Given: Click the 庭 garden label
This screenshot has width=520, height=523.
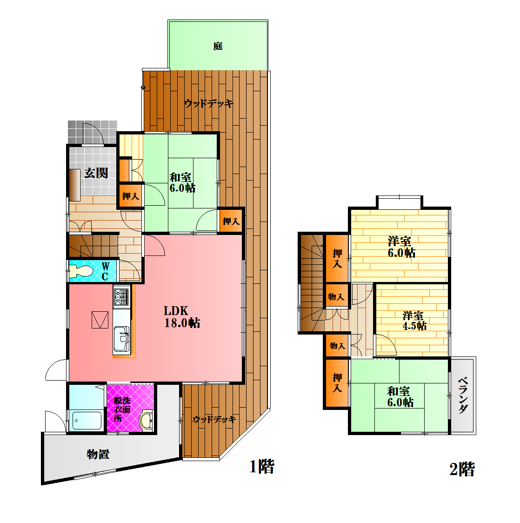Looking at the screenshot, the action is (x=218, y=46).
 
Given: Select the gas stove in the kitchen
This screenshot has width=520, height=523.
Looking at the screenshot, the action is (x=121, y=297).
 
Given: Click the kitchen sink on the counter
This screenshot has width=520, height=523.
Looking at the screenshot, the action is (x=122, y=339).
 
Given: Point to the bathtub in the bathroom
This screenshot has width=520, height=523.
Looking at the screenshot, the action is (x=87, y=421).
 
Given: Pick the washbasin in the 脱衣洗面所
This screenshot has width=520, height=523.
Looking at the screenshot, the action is (x=147, y=420).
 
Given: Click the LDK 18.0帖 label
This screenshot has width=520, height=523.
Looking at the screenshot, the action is (x=182, y=317).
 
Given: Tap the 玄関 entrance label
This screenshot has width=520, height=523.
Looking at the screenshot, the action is (x=96, y=173).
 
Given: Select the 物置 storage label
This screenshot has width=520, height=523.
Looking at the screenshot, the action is (x=98, y=454).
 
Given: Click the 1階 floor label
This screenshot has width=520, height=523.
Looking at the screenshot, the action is (x=262, y=466).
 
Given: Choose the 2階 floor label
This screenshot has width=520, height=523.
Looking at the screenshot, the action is (x=462, y=469).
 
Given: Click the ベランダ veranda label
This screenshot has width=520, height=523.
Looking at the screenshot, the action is (x=463, y=395).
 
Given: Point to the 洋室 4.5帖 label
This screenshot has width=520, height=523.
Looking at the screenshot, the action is (x=414, y=321).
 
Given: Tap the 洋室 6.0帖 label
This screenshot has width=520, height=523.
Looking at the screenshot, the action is (x=401, y=247).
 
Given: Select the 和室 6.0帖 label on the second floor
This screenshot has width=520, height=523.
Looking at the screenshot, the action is (x=400, y=396).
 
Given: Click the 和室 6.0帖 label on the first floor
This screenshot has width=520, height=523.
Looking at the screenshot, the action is (x=182, y=182).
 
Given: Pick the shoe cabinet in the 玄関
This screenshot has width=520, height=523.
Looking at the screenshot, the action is (x=75, y=185).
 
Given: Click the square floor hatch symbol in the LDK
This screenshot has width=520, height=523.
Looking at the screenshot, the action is (x=100, y=320).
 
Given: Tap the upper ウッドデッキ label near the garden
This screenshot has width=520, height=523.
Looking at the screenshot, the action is (x=209, y=103).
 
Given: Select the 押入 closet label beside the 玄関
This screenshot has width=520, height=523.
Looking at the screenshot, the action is (x=130, y=196).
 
